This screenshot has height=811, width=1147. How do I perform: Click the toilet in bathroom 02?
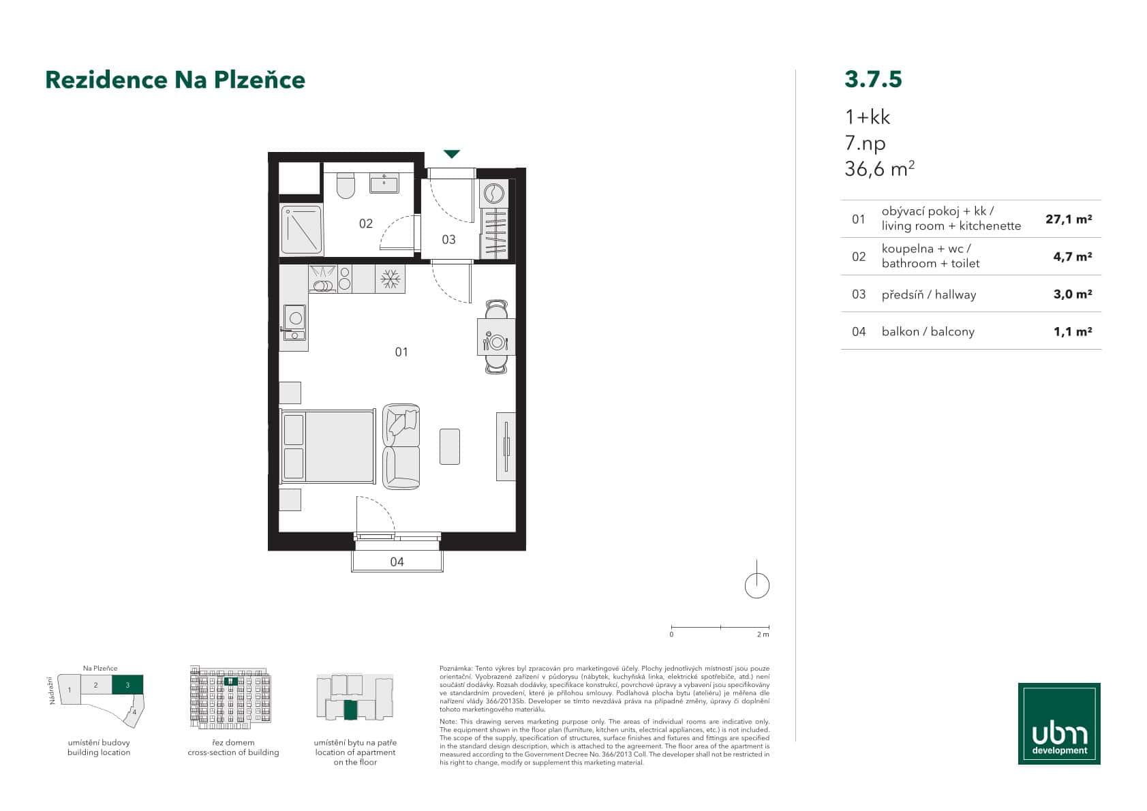coord(346,185)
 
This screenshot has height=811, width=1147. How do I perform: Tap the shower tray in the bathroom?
coord(301,230)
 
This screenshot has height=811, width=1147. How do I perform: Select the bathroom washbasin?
coord(384,183)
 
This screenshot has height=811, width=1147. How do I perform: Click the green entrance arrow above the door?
coord(452,154)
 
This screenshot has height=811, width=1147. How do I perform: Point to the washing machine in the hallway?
coord(494,194)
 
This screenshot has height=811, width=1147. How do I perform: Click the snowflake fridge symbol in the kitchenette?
coord(390,278)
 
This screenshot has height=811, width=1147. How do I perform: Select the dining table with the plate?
coord(495,337)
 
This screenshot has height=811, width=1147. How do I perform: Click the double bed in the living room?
coord(328,447)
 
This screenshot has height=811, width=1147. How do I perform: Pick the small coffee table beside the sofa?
coord(450,446)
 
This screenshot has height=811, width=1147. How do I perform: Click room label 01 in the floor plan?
coord(401,352)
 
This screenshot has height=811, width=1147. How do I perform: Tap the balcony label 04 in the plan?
coord(397,562)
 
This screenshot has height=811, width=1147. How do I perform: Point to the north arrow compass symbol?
coord(756,584)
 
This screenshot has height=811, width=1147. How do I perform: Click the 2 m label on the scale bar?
coord(763,634)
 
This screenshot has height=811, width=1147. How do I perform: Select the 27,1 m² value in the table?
coord(1069,219)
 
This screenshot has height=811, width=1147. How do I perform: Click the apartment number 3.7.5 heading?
coord(873,79)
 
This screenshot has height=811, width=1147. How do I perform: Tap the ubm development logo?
coord(1059,723)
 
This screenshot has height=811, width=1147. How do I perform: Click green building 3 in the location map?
coord(127,684)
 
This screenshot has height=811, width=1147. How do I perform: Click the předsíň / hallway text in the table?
coord(928,294)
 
